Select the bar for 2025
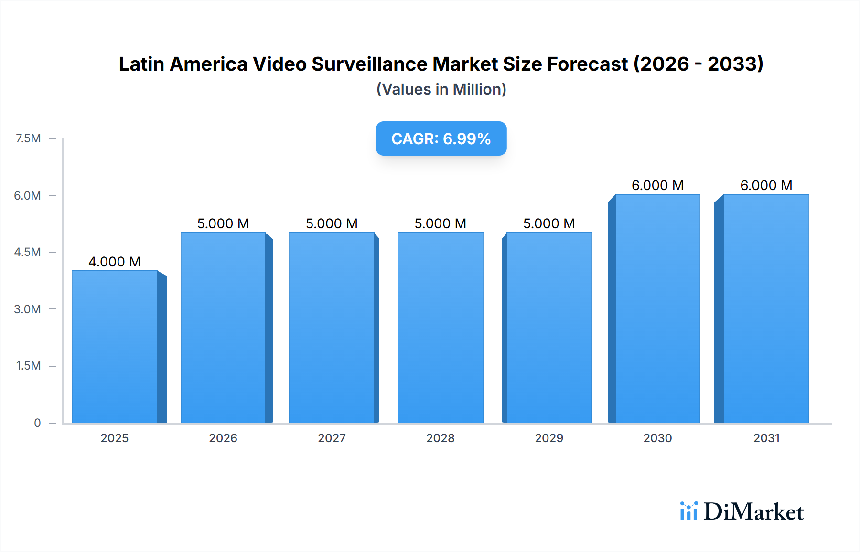coord(115,347)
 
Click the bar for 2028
coord(440,328)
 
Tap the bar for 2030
coord(657,308)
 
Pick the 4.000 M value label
coord(115,262)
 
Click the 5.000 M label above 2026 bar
coord(223,223)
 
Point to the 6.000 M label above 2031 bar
coord(766,185)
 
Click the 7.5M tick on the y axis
coord(28,138)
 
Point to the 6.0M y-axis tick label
coord(27,195)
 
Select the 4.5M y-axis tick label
coord(27,252)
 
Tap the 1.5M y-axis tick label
coord(28,366)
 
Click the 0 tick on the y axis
coord(37,423)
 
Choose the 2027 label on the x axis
coord(332,438)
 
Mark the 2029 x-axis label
coord(549,438)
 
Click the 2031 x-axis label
coord(766,438)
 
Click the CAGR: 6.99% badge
coord(441,138)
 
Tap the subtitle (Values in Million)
coord(441,89)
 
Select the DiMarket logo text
coord(753,512)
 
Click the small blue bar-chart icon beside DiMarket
coord(688,511)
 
